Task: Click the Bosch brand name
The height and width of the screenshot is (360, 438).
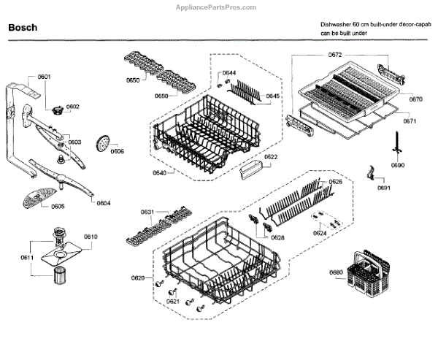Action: (23, 28)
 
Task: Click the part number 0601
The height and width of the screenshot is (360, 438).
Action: (44, 77)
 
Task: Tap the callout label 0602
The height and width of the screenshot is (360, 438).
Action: (73, 107)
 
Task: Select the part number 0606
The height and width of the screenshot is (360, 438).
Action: (118, 152)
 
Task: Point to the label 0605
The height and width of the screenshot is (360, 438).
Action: (58, 207)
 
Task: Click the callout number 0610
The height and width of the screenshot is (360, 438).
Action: (91, 237)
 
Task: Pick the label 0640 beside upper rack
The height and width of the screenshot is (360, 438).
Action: (160, 172)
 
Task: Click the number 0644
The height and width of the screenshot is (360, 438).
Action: (229, 73)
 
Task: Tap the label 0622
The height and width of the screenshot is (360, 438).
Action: (271, 157)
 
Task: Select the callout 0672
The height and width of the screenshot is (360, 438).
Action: (335, 55)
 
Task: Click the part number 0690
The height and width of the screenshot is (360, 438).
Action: (397, 166)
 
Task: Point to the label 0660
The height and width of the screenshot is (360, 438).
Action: (336, 272)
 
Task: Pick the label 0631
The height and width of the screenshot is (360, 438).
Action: (147, 212)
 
